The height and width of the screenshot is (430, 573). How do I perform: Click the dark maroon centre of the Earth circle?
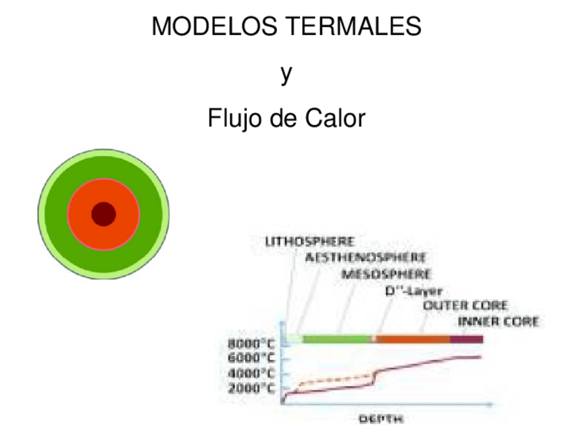tap(103, 214)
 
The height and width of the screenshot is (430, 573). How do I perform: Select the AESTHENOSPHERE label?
tap(365, 258)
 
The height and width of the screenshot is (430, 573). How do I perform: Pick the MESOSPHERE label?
tap(386, 274)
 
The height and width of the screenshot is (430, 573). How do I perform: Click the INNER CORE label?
tap(498, 322)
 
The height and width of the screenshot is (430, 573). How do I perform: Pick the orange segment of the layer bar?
tap(412, 338)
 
